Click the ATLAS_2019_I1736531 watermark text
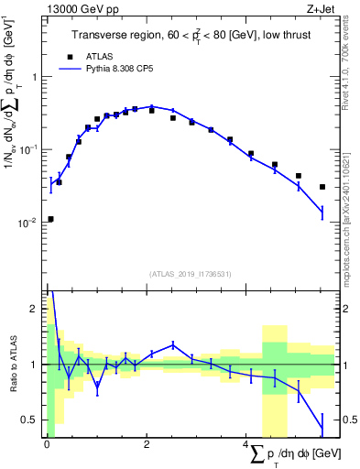coord(188,274)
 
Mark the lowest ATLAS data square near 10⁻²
coord(49,219)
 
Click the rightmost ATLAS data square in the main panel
coord(322,187)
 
